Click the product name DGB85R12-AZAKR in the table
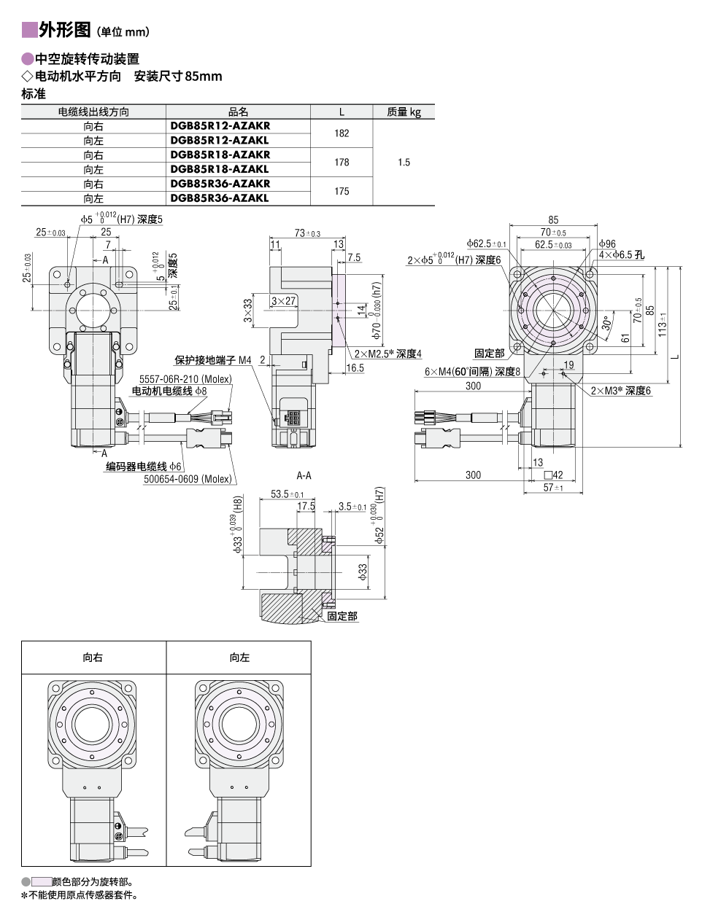pos(220,125)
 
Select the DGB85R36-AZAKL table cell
pos(220,198)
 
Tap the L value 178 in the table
pos(342,162)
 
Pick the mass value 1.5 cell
pos(404,162)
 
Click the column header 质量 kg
pos(404,112)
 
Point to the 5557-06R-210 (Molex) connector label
pos(185,379)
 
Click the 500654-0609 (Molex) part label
pos(188,479)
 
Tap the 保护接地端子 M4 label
pos(212,359)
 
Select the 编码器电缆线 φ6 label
pos(144,466)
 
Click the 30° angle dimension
pos(606,323)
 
